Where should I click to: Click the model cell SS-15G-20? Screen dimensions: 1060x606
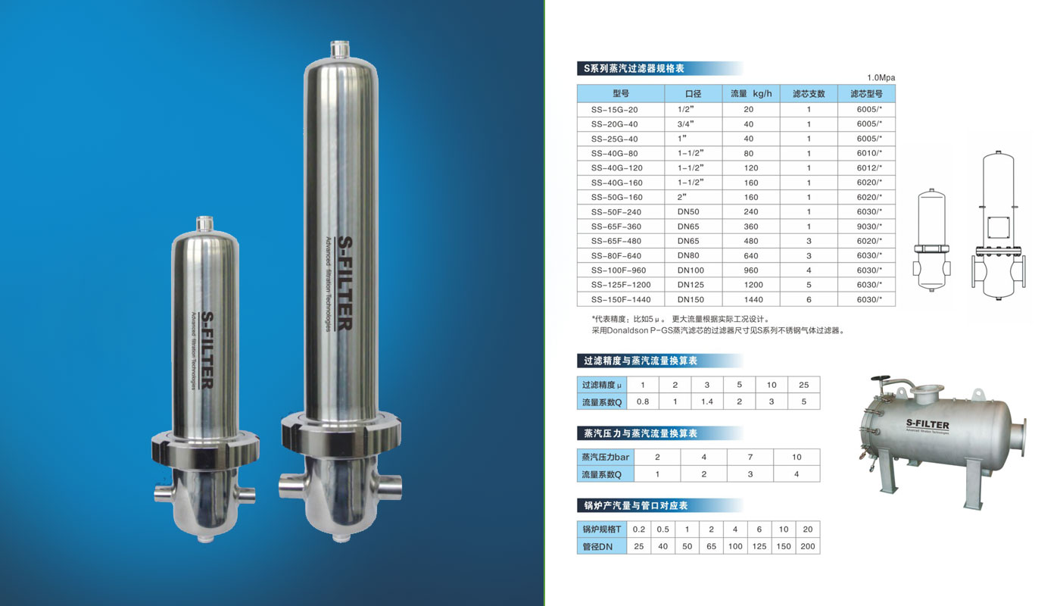click(x=614, y=110)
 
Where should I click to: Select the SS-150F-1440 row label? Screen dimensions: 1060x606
click(x=621, y=300)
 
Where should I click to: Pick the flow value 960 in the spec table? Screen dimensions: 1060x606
click(x=751, y=270)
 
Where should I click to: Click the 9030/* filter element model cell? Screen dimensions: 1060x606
click(x=869, y=226)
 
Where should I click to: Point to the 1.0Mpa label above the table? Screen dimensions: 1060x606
click(x=881, y=77)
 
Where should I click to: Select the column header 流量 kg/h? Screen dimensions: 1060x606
click(x=751, y=94)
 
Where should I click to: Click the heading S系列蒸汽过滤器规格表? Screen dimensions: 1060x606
click(x=634, y=69)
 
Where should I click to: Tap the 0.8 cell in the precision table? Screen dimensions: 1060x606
click(x=643, y=402)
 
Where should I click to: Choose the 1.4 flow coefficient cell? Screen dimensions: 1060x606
click(x=707, y=402)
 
